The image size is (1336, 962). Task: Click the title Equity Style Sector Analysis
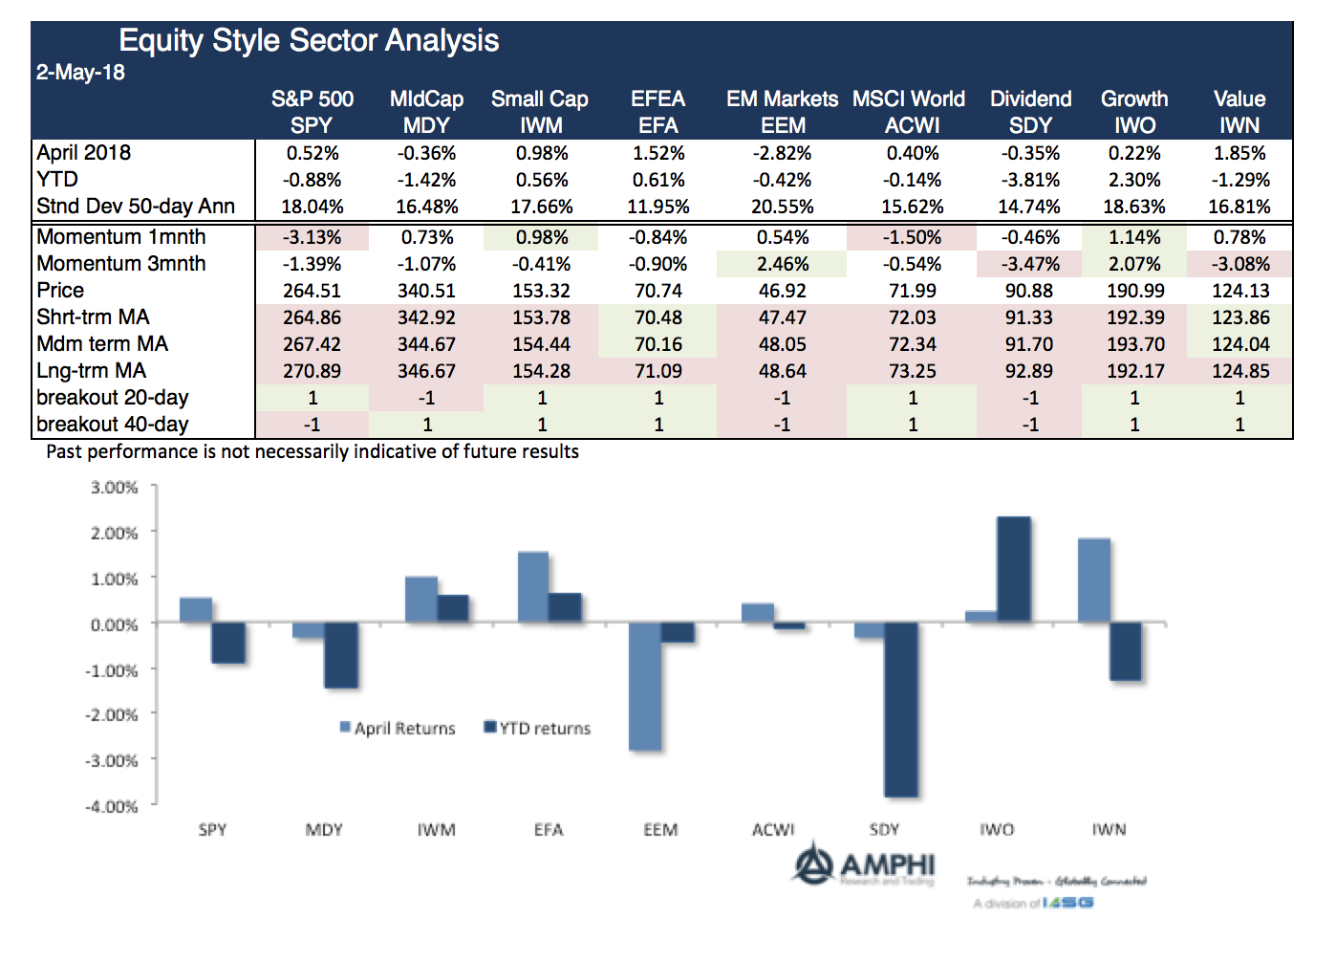pos(309,41)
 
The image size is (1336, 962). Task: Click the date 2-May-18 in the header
pos(80,73)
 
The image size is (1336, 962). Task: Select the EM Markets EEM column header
pos(782,112)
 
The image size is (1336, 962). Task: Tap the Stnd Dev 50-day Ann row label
pos(136,207)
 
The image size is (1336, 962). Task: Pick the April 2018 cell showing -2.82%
pos(782,153)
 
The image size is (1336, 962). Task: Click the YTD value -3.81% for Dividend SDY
pos(1029,180)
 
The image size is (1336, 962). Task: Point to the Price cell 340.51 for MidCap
pos(426,291)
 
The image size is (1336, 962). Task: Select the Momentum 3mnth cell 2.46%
pos(782,264)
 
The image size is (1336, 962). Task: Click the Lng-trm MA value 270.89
pos(312,371)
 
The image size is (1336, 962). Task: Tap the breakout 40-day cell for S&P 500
pos(312,425)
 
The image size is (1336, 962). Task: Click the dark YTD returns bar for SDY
pos(900,710)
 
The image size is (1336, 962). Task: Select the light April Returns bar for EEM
pos(644,686)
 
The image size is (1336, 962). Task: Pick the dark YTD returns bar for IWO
pos(1013,570)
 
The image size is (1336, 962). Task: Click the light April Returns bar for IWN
pos(1093,580)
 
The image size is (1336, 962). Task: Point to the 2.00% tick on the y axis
pos(115,533)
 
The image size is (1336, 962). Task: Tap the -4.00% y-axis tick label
pos(113,807)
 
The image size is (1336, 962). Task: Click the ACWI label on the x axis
pos(772,830)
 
